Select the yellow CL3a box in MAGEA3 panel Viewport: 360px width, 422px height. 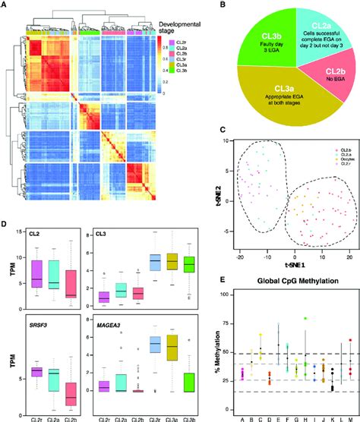coord(172,357)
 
